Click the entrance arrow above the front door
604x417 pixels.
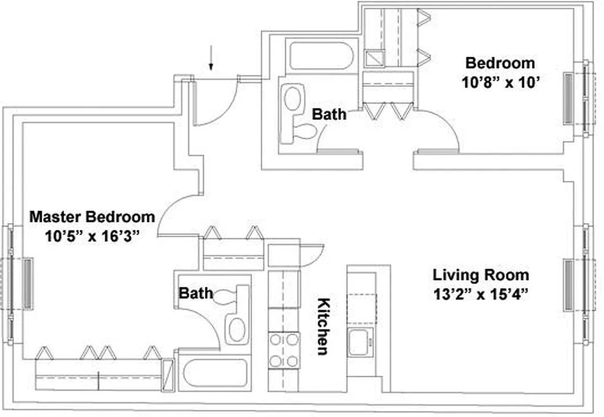coord(211,58)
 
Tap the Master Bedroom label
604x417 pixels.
coord(92,216)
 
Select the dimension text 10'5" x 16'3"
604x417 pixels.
coord(92,236)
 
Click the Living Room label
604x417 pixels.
coord(480,275)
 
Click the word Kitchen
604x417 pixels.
coord(323,326)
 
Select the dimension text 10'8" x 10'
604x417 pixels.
coord(500,82)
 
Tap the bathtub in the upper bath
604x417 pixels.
coord(321,56)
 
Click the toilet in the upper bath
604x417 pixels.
coord(304,131)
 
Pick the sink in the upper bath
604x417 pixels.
coord(294,99)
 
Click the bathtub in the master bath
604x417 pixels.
coord(213,372)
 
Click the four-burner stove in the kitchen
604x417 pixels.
coord(284,350)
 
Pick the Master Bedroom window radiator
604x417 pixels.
coord(27,284)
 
